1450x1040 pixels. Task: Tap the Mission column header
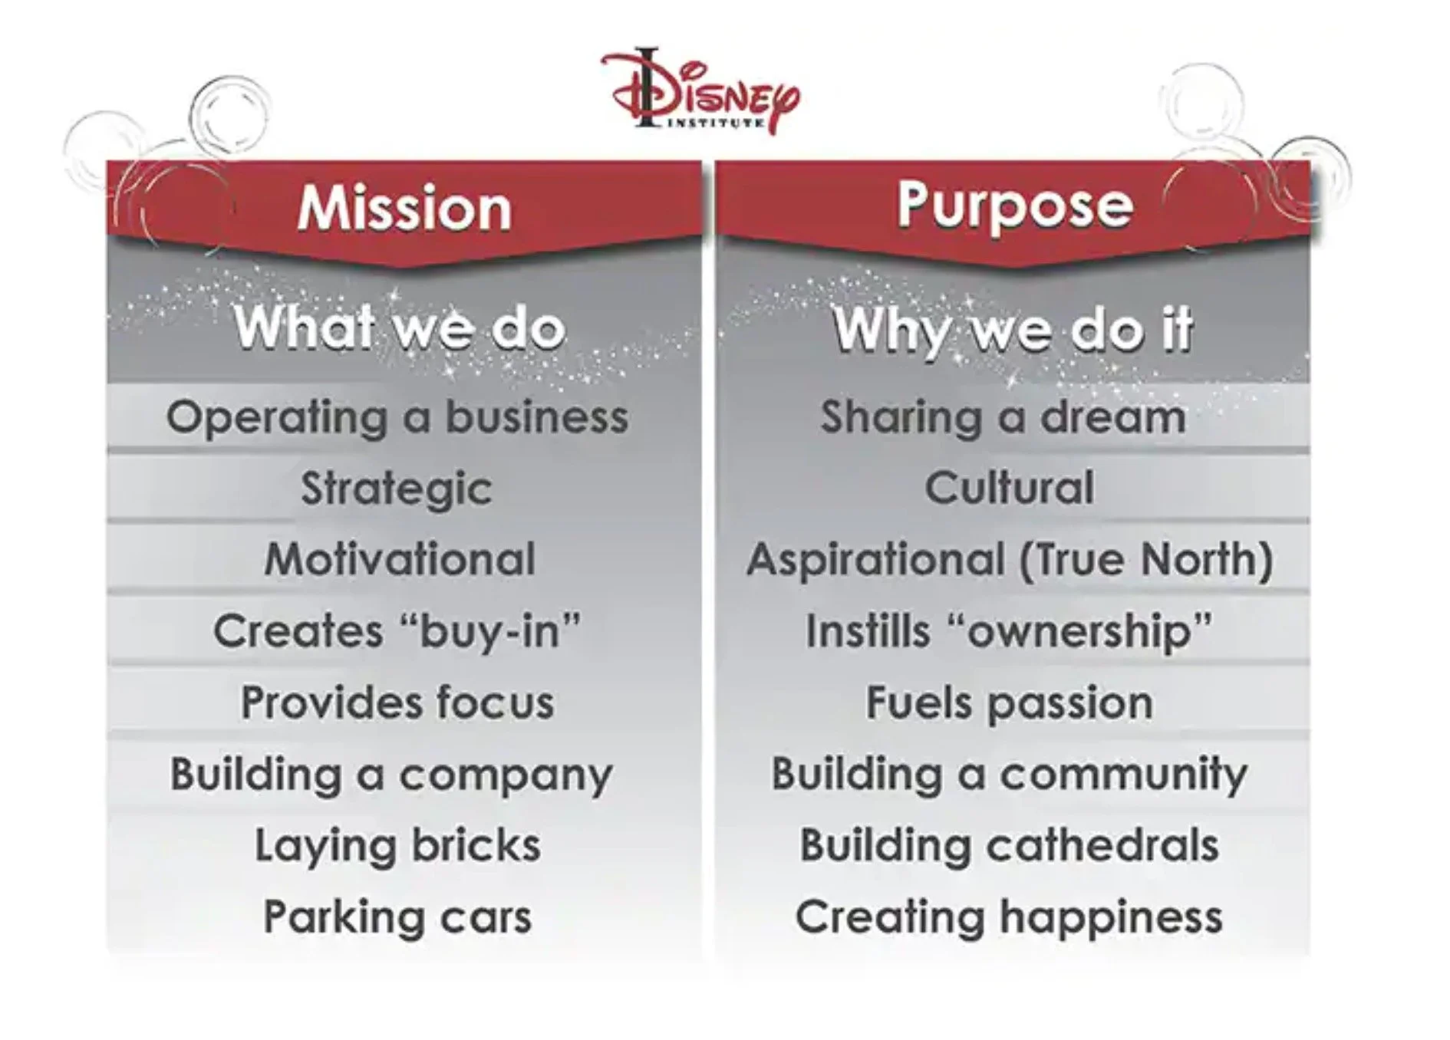click(x=404, y=208)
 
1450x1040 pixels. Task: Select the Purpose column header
click(x=1014, y=206)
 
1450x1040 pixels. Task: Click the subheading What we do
click(x=400, y=328)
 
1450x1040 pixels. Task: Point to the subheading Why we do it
click(x=1013, y=330)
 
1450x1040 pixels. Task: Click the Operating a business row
click(x=397, y=418)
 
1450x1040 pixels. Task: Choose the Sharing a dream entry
click(x=1003, y=418)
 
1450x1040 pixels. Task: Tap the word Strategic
click(x=396, y=489)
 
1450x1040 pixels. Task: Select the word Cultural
click(x=1009, y=488)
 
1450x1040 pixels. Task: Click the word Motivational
click(x=400, y=559)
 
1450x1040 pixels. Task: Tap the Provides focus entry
click(x=397, y=703)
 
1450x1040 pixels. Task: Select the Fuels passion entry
click(x=1009, y=703)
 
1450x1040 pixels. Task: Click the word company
click(x=506, y=775)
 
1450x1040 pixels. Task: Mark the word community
click(x=1123, y=775)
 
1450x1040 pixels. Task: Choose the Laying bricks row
click(x=397, y=845)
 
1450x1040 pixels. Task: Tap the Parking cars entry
click(x=397, y=917)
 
